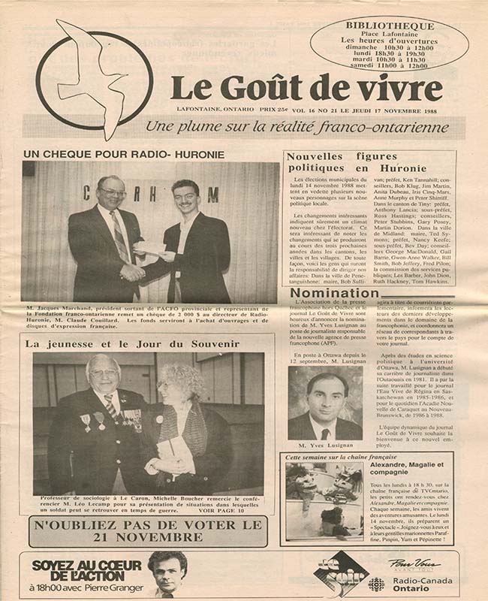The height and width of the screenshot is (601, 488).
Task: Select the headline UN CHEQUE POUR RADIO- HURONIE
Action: tap(124, 154)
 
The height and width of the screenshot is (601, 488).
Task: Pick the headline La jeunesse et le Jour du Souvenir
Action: tap(132, 344)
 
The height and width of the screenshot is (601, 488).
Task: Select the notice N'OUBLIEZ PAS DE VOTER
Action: tap(148, 531)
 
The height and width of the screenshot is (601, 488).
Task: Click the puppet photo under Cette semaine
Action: tap(324, 501)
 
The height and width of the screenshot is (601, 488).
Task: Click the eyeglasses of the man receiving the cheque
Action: tap(110, 193)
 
